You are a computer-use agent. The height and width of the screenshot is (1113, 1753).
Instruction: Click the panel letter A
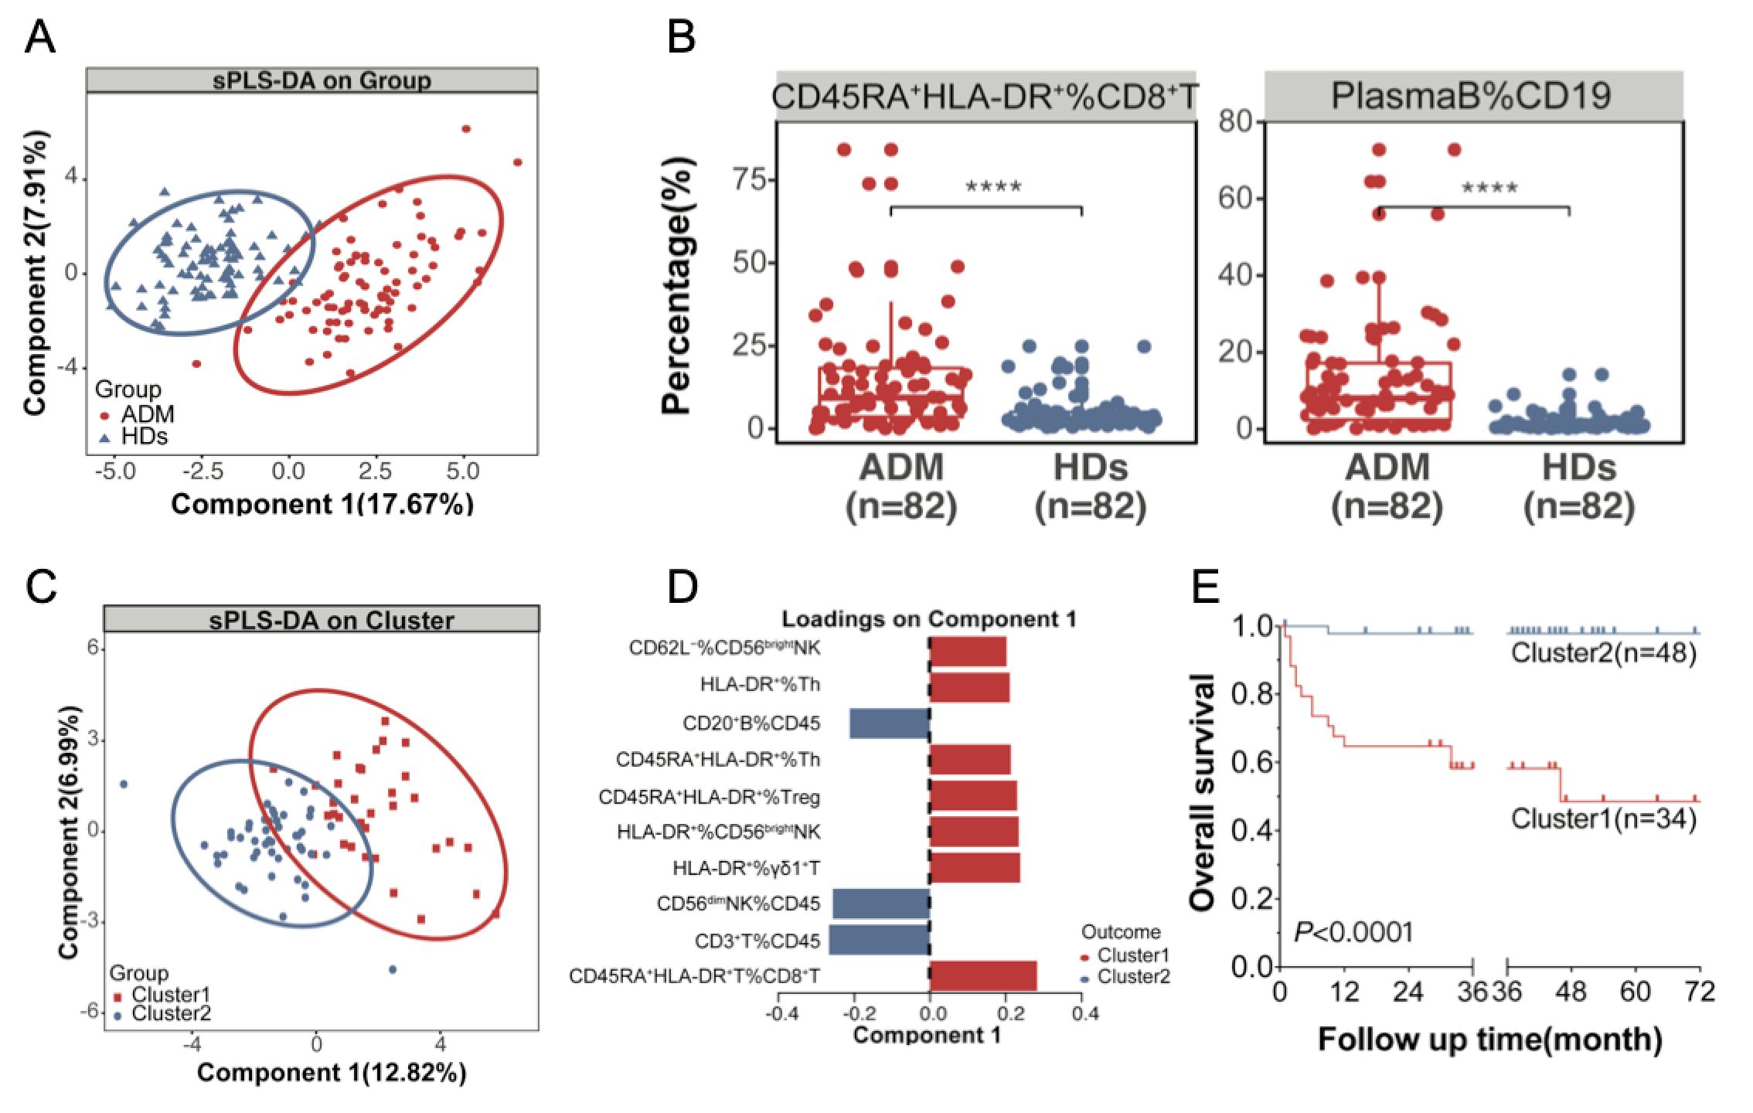[40, 36]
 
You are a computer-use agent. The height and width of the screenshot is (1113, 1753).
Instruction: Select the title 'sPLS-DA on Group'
[311, 80]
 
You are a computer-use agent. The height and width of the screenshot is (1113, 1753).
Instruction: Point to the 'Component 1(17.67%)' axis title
[322, 504]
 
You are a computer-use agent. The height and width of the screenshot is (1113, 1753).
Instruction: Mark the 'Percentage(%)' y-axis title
[676, 286]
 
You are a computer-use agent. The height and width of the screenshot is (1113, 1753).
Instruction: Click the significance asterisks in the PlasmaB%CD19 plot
[1489, 188]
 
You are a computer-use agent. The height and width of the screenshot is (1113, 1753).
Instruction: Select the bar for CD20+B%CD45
[889, 723]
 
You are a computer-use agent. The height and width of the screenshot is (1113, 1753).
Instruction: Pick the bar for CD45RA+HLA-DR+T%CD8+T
[983, 976]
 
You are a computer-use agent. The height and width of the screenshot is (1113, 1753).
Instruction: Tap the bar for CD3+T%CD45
[879, 940]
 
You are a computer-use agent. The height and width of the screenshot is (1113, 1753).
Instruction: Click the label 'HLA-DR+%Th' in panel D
[761, 685]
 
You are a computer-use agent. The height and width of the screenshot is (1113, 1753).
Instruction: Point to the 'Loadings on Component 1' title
[928, 619]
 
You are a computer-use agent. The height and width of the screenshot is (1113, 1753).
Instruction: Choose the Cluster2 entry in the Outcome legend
[1133, 976]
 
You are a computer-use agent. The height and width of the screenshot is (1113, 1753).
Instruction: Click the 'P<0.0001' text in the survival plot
[1353, 931]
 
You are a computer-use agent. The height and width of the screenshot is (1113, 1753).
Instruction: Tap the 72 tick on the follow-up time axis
[1699, 991]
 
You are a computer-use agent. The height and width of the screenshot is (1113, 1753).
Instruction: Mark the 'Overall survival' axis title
[1203, 791]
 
